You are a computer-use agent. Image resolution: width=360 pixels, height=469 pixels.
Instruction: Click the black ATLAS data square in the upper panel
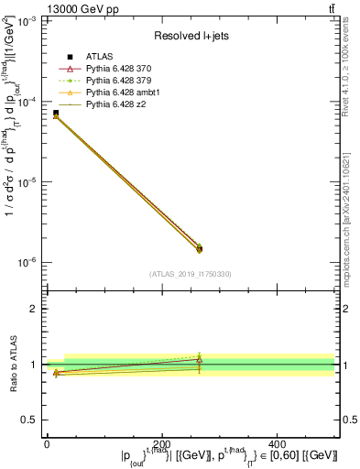(56, 113)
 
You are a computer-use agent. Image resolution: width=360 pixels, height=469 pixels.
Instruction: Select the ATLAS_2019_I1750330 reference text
(191, 274)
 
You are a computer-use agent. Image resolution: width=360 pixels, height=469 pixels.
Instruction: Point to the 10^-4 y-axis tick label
(28, 103)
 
